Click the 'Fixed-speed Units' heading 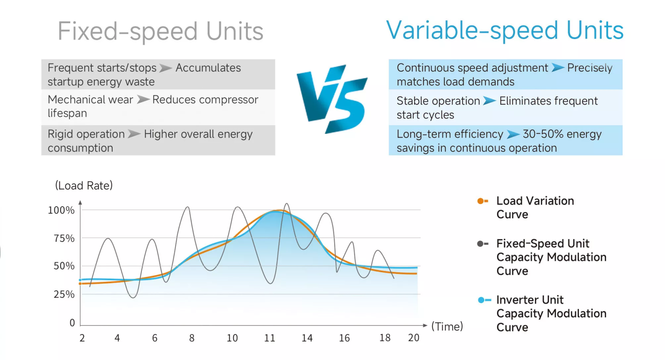[160, 32]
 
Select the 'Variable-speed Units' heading [505, 31]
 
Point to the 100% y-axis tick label [61, 210]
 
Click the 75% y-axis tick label [64, 239]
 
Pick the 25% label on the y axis [64, 295]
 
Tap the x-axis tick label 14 [307, 338]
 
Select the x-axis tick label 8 [192, 338]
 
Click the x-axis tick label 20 [414, 338]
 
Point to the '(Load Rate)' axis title [84, 186]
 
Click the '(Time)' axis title [447, 327]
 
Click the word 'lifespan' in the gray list [67, 113]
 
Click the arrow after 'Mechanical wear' [143, 100]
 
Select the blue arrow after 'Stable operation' [490, 101]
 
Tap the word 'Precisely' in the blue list [590, 68]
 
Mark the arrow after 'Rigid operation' [134, 134]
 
